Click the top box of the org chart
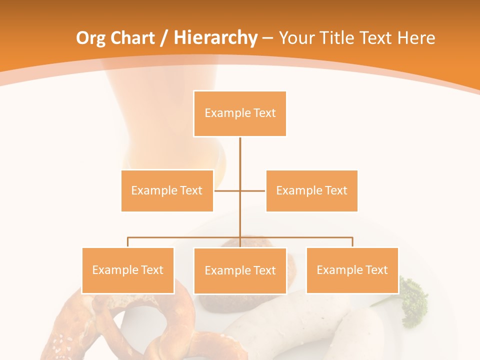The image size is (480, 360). (240, 113)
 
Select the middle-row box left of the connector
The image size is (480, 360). (167, 190)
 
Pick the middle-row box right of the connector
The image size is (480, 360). (311, 190)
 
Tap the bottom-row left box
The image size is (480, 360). (127, 270)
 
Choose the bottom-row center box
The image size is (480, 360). (240, 270)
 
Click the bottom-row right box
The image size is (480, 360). (352, 270)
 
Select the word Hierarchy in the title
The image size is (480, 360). (215, 38)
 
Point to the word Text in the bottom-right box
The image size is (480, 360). (376, 270)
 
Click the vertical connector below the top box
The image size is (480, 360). (240, 160)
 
